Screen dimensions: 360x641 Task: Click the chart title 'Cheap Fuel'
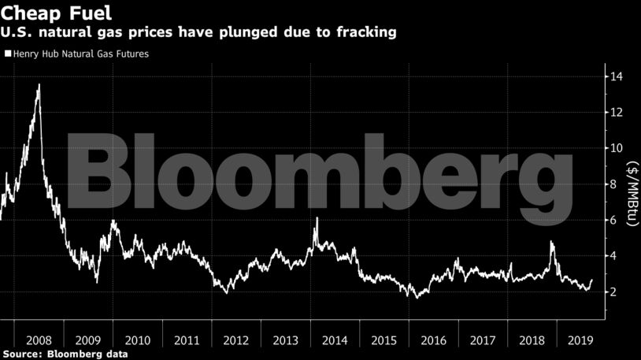(x=56, y=13)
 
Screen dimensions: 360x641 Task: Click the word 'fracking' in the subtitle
(x=361, y=33)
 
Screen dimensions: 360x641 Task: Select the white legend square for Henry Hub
(x=8, y=54)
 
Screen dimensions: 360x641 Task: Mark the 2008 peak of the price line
(x=39, y=85)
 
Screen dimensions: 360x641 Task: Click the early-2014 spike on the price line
(x=317, y=218)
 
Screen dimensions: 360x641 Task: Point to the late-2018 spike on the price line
(x=551, y=243)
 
